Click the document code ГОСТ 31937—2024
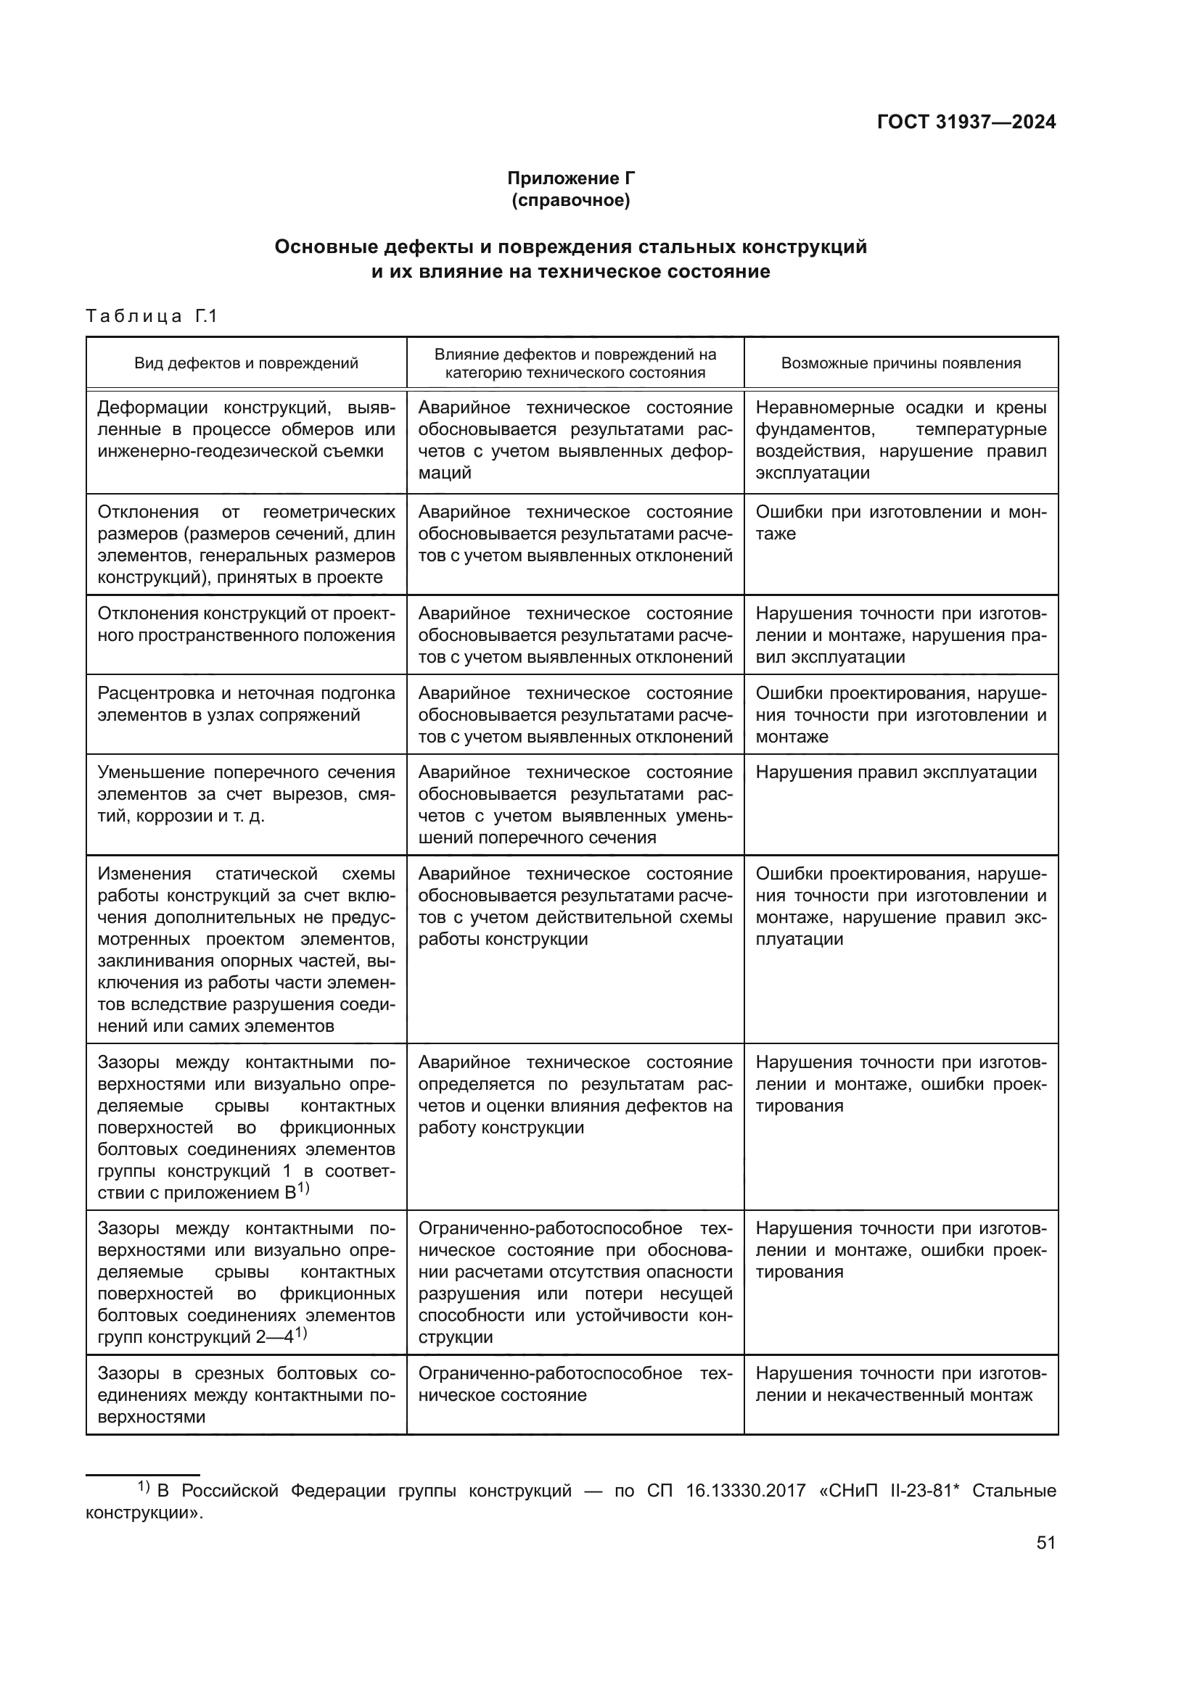[x=966, y=123]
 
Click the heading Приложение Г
[x=570, y=178]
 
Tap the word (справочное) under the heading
[x=570, y=200]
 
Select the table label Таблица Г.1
[x=152, y=316]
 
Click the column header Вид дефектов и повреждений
[x=246, y=363]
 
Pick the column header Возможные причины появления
[x=901, y=363]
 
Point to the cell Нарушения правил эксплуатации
[x=895, y=773]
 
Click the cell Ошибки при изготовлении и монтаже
[x=901, y=523]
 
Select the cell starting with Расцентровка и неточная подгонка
[x=246, y=704]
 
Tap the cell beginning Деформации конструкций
[x=246, y=429]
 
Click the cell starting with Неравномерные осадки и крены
[x=901, y=440]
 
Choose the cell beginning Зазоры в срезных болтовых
[x=246, y=1395]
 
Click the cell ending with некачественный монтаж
[x=901, y=1384]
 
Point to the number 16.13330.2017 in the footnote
[x=746, y=1490]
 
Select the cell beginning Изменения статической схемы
[x=246, y=950]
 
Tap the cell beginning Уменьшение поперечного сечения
[x=246, y=794]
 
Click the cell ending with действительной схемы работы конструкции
[x=575, y=906]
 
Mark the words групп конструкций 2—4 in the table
[x=196, y=1337]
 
